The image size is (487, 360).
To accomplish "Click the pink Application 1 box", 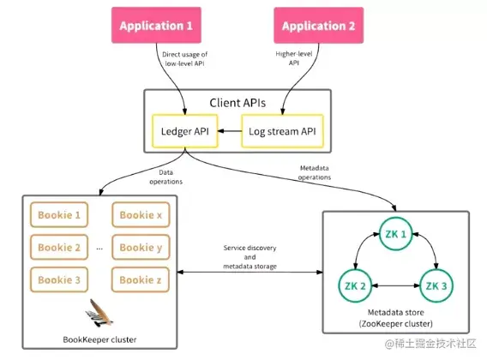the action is coord(156,25).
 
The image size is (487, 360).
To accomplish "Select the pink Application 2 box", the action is coord(319,25).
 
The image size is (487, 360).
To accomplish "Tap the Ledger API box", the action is coord(185,131).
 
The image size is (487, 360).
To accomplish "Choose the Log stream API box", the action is coord(282,131).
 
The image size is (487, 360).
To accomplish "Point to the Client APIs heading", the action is coord(237,103).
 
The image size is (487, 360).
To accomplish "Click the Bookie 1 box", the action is coord(59,214).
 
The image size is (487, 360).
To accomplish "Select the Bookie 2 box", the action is coord(59,247).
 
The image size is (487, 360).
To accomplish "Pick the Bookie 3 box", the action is coord(59,279).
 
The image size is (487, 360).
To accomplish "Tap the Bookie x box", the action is coord(141,214).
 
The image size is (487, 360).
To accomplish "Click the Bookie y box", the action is coord(141,247).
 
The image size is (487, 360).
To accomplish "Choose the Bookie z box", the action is coord(141,279).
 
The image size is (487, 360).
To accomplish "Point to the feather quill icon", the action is coord(99,313).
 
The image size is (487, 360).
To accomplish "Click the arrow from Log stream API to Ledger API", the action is coord(230,131).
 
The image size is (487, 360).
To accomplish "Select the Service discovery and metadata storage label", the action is coord(250,257).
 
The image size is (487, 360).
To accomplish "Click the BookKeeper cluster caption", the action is coord(99,339).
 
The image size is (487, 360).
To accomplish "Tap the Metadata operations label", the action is coord(315,172).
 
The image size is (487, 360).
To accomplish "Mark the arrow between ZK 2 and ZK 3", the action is coord(396,285).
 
